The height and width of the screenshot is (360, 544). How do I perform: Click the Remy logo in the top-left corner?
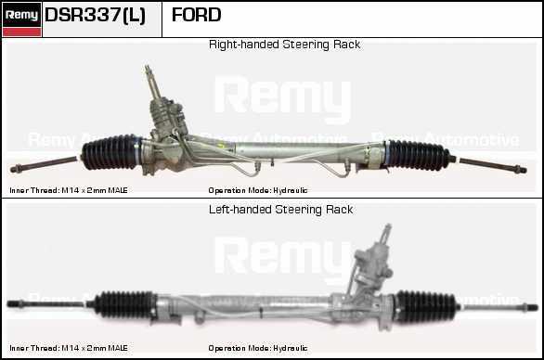tap(21, 19)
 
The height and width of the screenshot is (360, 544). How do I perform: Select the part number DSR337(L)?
tap(95, 15)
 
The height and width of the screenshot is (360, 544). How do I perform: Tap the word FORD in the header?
tap(197, 15)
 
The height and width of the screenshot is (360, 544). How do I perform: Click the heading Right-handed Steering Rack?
tap(284, 45)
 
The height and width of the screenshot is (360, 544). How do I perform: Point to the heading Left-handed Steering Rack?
tap(280, 210)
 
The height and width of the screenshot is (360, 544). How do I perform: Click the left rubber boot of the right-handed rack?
tap(111, 152)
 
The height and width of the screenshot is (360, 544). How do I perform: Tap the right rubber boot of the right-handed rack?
tap(418, 155)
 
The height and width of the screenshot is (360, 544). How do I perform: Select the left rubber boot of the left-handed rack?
tap(124, 304)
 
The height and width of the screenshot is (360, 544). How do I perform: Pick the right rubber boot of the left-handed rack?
tap(426, 307)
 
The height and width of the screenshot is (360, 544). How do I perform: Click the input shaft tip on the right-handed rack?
tap(147, 68)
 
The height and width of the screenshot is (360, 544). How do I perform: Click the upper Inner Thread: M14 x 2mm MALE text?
tap(69, 190)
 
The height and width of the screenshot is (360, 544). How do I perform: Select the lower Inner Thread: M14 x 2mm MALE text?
tap(69, 348)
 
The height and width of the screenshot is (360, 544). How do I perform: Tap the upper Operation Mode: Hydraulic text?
tap(258, 190)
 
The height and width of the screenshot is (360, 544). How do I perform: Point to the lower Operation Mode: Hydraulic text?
tap(258, 348)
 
